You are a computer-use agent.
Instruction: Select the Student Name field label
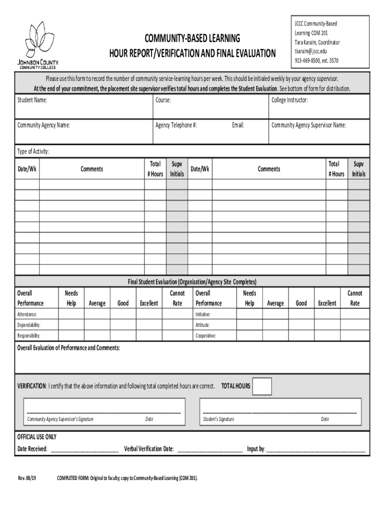point(32,100)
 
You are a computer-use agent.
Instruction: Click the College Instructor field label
point(289,100)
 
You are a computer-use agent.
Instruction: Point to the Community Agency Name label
point(43,125)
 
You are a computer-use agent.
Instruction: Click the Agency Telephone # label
point(176,125)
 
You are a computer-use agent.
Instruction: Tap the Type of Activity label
point(33,151)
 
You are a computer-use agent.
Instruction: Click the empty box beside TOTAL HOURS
point(262,386)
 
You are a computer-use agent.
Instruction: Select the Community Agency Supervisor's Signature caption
point(60,419)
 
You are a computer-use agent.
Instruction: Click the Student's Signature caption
point(218,419)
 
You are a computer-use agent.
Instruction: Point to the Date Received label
point(32,448)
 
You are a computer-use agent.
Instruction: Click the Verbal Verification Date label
point(149,448)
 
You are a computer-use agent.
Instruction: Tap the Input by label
point(256,448)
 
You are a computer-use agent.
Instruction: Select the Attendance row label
point(27,314)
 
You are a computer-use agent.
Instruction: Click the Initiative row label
point(203,314)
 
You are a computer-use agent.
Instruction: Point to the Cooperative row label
point(205,335)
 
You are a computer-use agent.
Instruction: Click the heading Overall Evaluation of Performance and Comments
point(68,347)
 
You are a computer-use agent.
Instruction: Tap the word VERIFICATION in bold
point(32,386)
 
